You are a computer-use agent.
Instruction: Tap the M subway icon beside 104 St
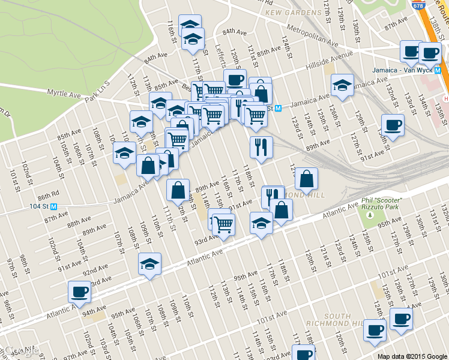coord(54,206)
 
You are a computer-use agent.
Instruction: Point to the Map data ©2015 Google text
coord(411,356)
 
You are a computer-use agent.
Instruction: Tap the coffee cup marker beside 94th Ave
coord(79,292)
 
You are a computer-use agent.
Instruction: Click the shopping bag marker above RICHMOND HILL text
coord(306,179)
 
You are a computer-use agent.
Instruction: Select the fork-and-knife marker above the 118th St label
coord(261,148)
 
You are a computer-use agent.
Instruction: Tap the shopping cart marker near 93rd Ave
coord(224,224)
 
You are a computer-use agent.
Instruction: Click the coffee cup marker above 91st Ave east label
coord(393,125)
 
